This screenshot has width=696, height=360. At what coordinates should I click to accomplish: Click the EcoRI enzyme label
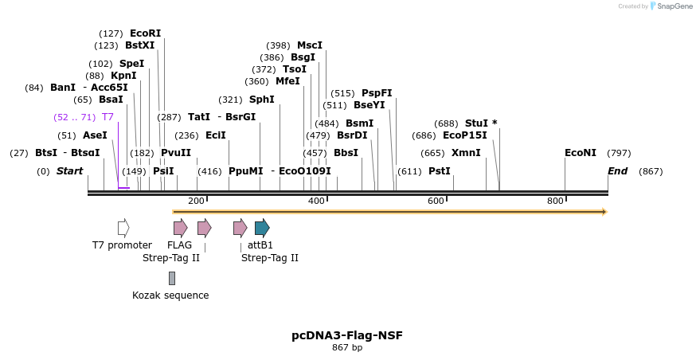pos(145,33)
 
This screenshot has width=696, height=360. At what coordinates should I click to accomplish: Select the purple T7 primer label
pos(108,117)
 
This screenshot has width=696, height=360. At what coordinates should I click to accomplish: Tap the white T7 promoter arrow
pos(123,228)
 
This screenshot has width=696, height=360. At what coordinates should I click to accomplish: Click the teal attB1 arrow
pos(262,228)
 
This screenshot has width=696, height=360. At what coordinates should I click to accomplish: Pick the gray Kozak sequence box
pos(171,278)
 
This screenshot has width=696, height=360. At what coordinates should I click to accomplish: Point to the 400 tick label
pos(316,201)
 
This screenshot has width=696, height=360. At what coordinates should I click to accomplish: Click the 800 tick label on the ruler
pos(555,201)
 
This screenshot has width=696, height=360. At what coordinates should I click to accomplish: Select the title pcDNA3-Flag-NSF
pos(347,335)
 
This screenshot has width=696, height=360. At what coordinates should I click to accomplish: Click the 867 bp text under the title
pos(347,347)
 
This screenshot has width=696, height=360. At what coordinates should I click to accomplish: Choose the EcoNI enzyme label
pos(580,153)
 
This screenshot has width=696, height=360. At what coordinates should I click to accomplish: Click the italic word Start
pos(69,171)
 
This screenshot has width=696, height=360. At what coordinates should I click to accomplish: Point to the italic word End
pos(617,171)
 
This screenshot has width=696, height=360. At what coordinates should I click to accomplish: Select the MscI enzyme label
pos(310,45)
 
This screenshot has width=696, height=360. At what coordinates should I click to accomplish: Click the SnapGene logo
pos(671,6)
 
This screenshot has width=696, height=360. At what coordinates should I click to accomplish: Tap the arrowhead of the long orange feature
pos(604,212)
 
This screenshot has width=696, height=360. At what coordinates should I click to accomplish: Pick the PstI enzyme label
pos(439,171)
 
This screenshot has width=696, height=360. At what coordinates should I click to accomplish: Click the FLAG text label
pos(179,245)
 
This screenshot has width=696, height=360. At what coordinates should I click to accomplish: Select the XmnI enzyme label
pos(466,153)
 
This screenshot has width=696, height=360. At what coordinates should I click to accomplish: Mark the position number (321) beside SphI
pos(230,100)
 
